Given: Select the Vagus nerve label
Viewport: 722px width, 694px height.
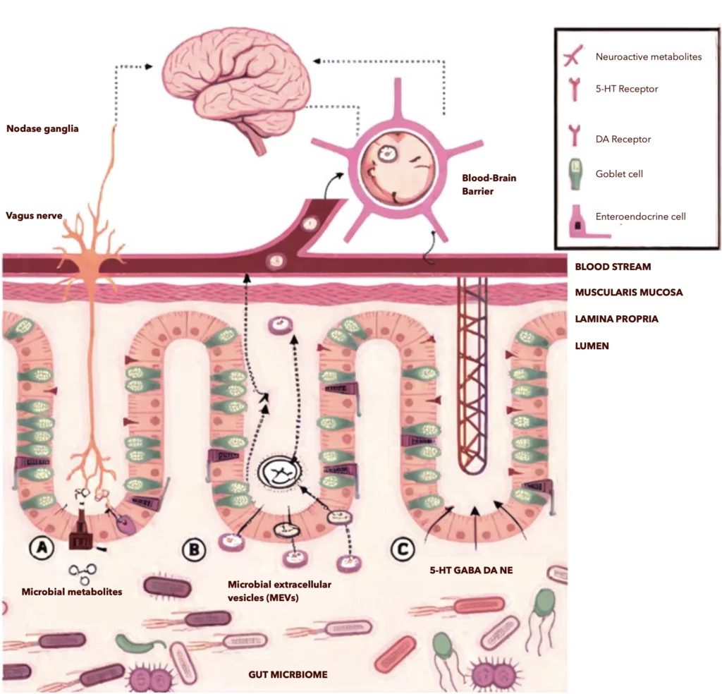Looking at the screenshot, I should click(35, 216).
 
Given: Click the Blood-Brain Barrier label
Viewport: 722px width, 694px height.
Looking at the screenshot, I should click(489, 184).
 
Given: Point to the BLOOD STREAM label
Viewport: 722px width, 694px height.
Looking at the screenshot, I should click(613, 267).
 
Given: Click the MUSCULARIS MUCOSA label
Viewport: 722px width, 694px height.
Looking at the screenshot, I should click(628, 292).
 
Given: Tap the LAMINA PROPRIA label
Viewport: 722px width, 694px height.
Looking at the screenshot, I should click(616, 319).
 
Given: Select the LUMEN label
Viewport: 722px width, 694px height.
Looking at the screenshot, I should click(591, 346).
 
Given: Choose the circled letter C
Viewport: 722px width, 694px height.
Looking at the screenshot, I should click(403, 549).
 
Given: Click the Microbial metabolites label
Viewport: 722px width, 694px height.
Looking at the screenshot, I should click(72, 592).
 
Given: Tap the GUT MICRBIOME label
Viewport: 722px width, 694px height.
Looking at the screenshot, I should click(288, 674).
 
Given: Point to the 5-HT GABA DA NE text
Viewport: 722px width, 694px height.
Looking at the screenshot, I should click(462, 569).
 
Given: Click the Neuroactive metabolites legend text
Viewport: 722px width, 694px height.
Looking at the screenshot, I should click(648, 56).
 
